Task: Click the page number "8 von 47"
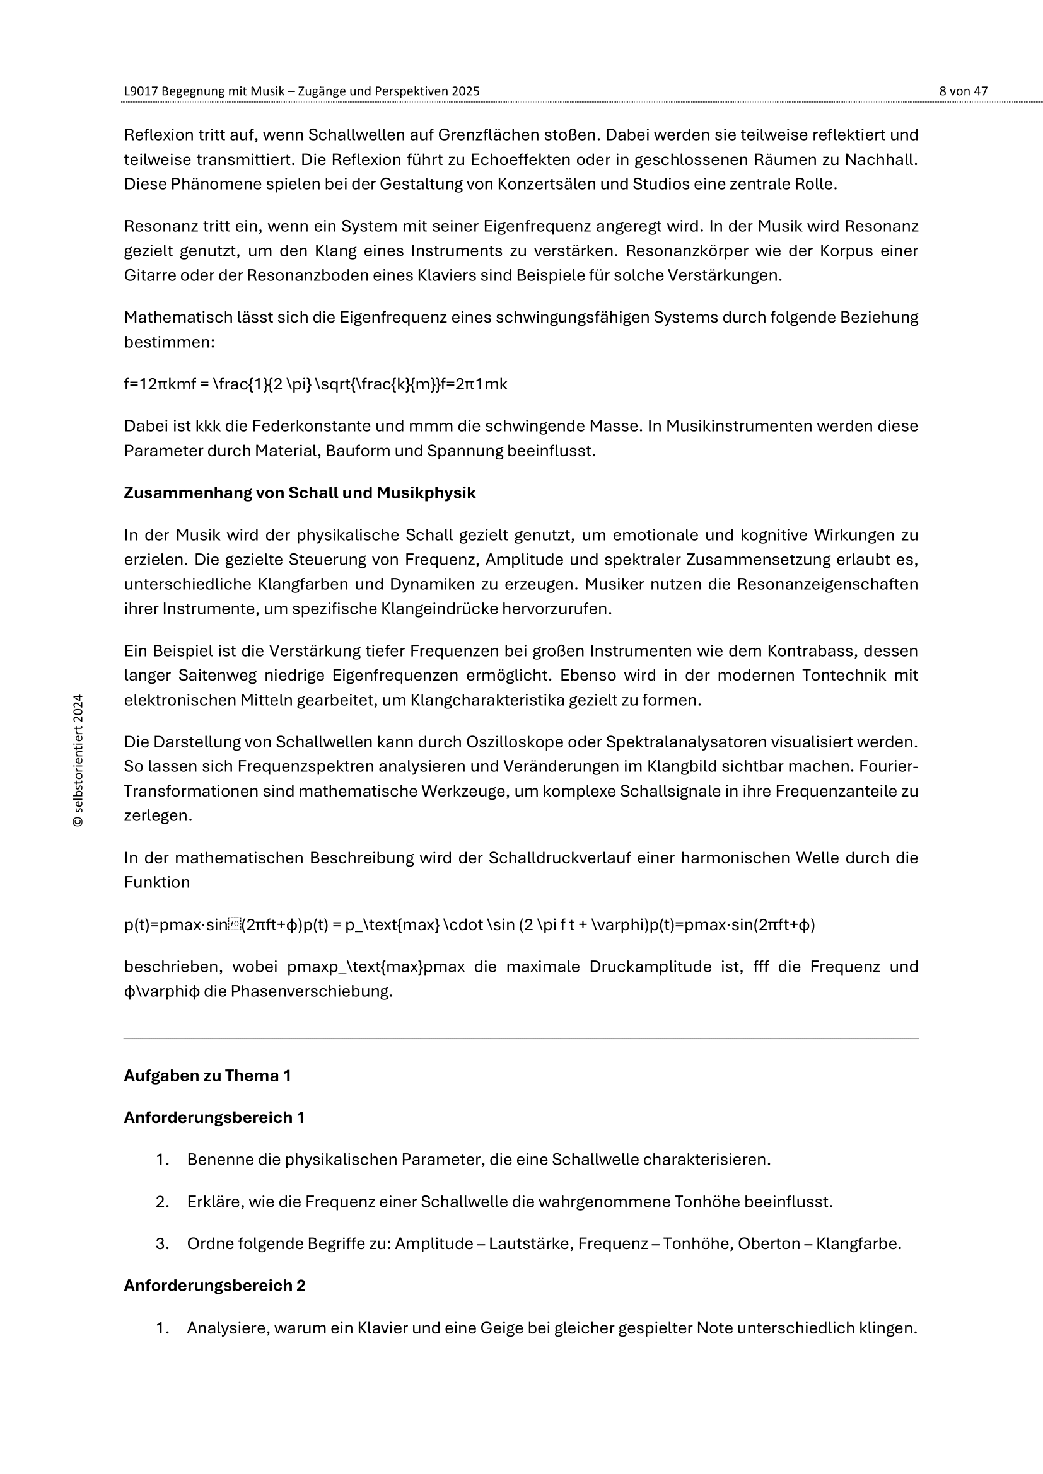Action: pyautogui.click(x=963, y=91)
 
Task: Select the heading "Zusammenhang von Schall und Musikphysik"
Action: pyautogui.click(x=300, y=492)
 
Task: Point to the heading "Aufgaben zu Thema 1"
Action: pyautogui.click(x=207, y=1075)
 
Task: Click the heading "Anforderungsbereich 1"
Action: pyautogui.click(x=214, y=1118)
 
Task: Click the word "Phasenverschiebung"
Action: pyautogui.click(x=312, y=991)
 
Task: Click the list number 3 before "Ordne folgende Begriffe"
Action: pyautogui.click(x=161, y=1243)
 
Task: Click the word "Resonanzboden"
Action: pyautogui.click(x=296, y=275)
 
